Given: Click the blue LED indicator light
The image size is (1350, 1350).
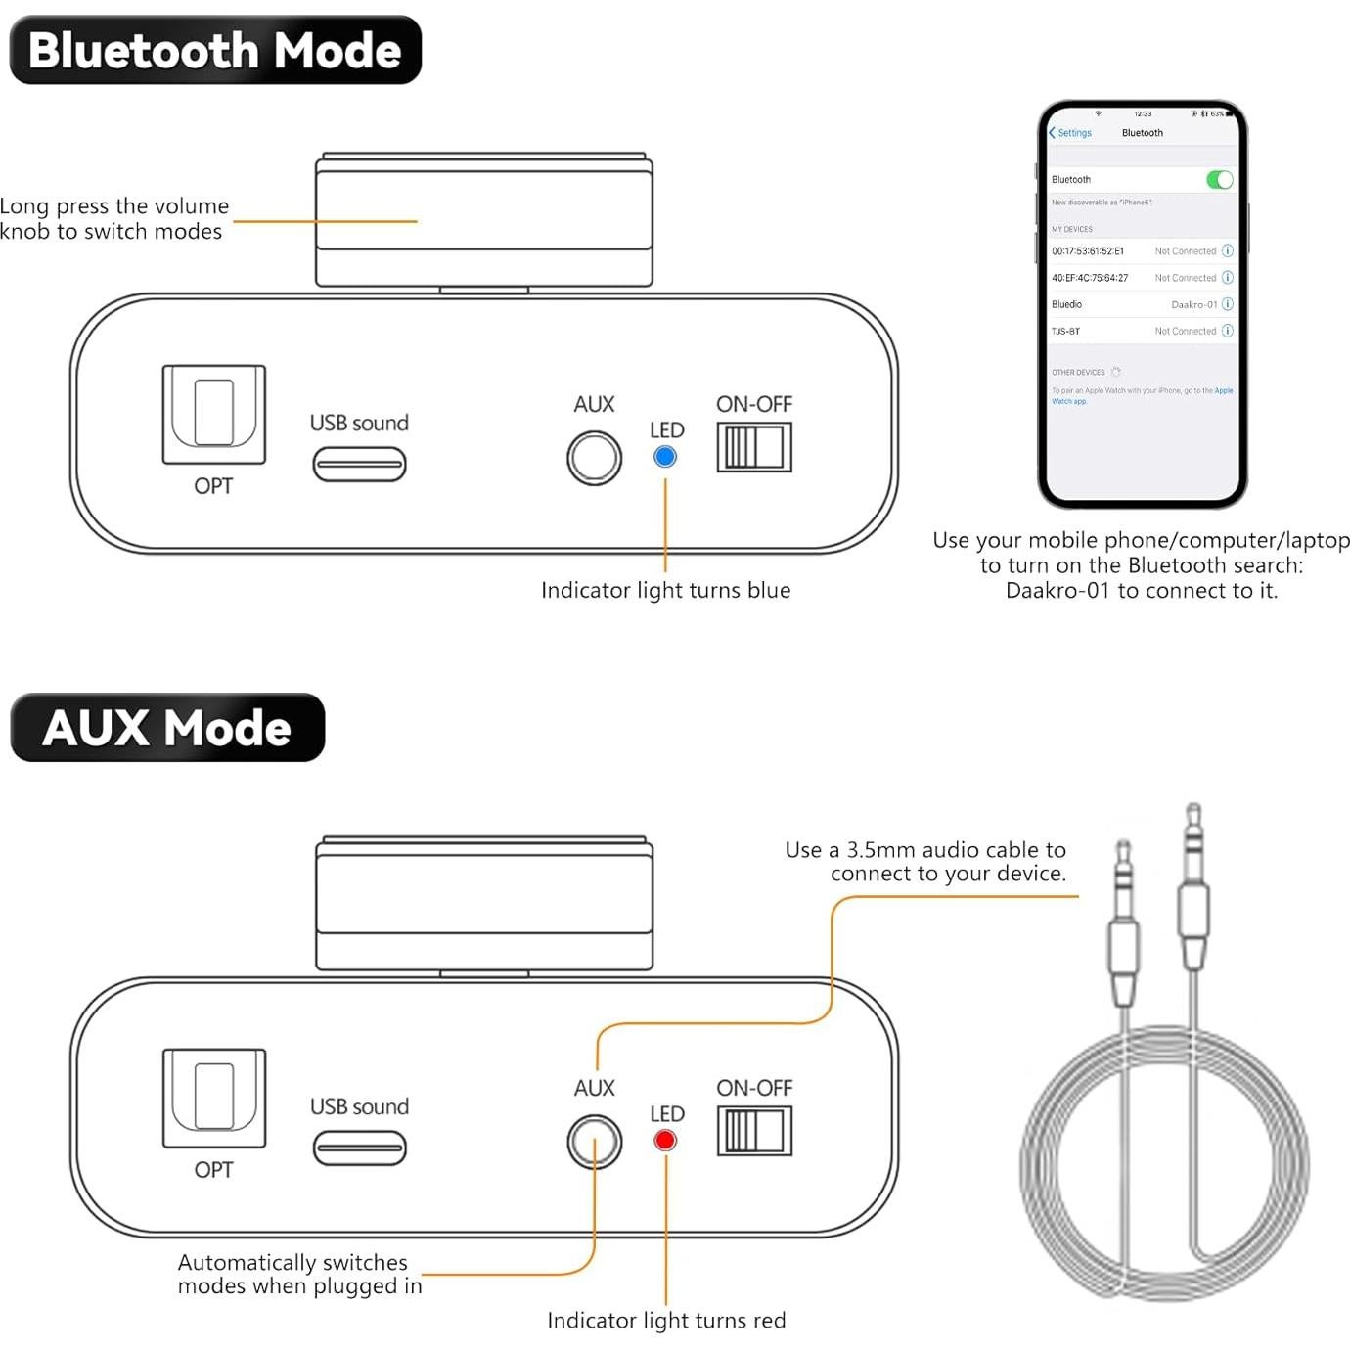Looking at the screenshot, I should point(665,457).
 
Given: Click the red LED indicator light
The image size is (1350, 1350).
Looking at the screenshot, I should point(665,1141).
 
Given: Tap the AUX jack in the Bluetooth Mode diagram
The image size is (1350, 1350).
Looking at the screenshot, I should point(594,458).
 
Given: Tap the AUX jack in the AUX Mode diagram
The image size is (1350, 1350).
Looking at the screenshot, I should point(594,1142).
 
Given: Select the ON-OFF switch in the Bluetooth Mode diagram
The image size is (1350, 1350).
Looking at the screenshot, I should point(753,448).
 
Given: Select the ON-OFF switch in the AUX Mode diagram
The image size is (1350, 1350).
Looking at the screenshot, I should point(753,1132).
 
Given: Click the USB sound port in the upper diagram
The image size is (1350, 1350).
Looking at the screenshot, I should point(359,464).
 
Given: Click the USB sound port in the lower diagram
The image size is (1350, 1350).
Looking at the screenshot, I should point(359,1147).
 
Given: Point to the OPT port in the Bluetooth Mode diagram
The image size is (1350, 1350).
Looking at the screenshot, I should point(214,414).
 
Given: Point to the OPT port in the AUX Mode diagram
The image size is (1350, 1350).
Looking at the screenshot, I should point(214,1098).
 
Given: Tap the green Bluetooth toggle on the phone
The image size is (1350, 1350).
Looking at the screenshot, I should point(1219,180).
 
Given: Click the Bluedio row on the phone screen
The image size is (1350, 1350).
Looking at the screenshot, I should point(1140,304).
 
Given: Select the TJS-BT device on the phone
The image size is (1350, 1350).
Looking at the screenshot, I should point(1140,331).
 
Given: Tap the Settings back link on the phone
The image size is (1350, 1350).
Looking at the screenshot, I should point(1070,133).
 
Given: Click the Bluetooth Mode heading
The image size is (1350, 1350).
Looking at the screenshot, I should point(215,50).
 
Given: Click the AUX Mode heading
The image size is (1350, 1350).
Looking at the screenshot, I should point(167,728).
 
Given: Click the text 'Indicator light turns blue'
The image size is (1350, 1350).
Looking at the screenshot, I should point(665,590).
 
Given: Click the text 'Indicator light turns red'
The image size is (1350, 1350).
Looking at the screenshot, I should point(665,1321).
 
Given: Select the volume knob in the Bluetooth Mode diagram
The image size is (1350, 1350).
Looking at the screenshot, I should point(483,220).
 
